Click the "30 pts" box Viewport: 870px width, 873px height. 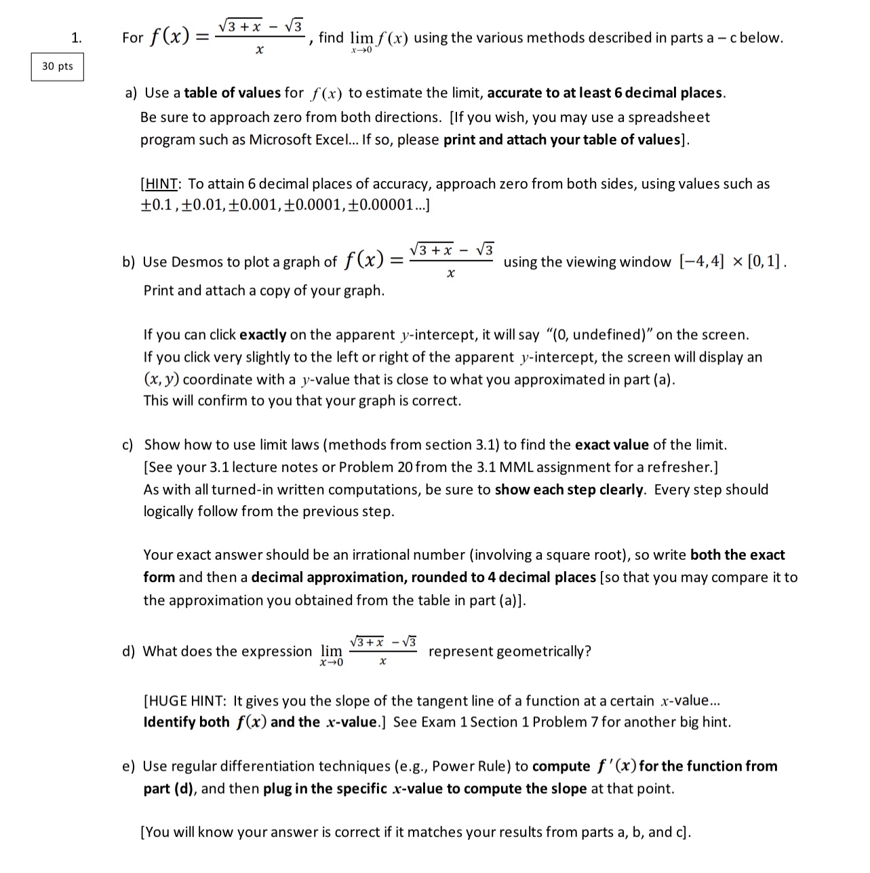57,66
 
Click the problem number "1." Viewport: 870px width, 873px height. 77,38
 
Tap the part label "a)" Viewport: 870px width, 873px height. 132,93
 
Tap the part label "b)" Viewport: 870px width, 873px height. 129,262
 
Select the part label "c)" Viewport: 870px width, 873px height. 128,445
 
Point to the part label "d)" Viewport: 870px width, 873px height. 129,651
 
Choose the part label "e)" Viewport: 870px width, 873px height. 129,767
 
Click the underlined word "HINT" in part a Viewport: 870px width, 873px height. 161,184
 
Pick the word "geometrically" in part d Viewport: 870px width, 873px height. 543,651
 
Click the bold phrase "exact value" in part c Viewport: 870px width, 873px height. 612,445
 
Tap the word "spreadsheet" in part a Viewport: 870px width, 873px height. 669,117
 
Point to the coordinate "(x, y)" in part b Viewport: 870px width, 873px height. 161,380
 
